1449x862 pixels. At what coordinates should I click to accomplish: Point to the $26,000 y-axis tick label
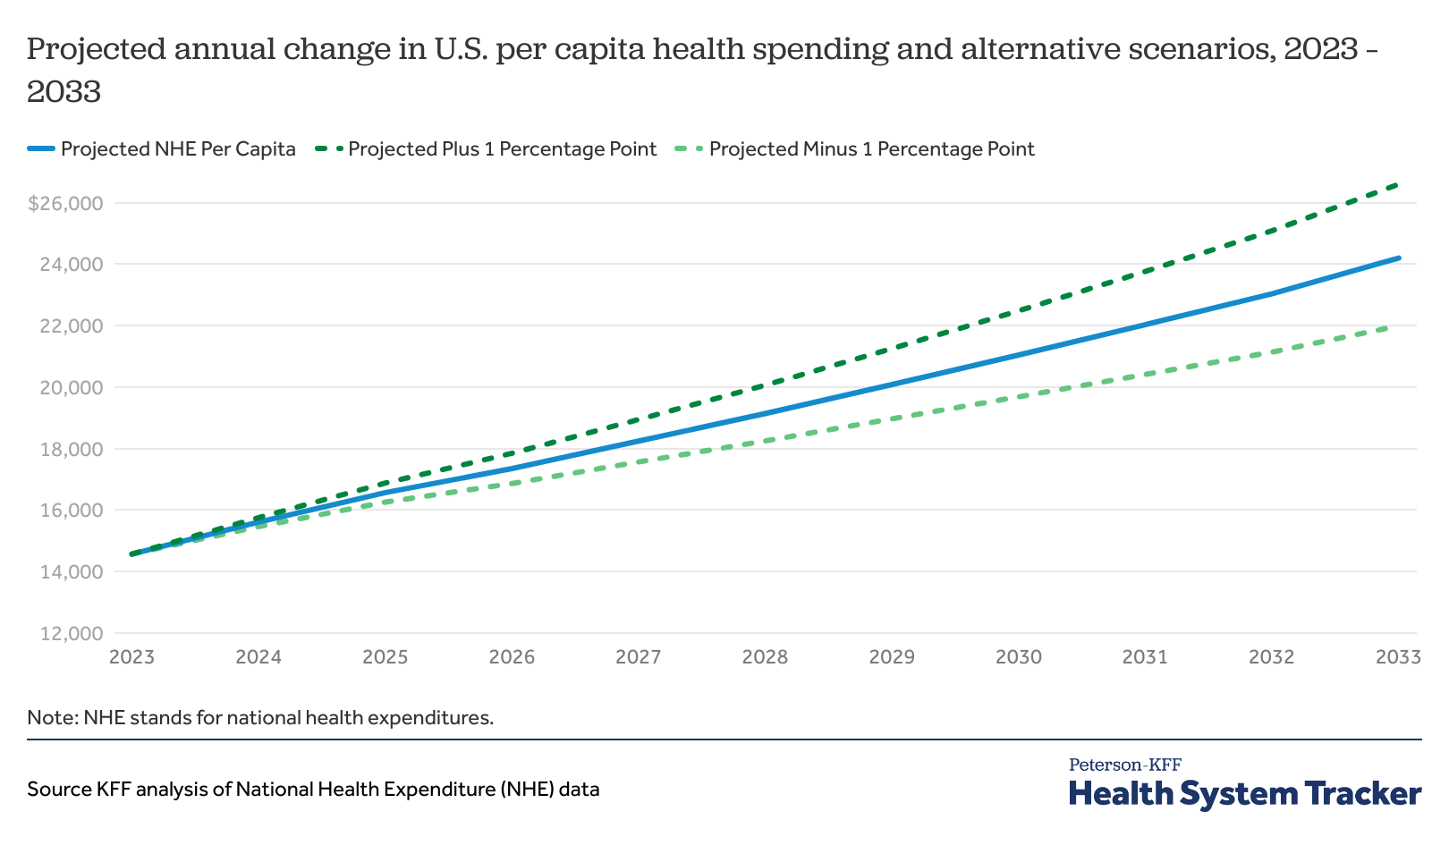click(66, 204)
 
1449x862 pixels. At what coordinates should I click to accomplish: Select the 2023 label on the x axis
click(132, 658)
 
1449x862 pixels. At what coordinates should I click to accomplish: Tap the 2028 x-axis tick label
click(766, 658)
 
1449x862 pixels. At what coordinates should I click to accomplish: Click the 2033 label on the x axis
click(1398, 658)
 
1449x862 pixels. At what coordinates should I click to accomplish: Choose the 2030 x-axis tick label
click(1019, 658)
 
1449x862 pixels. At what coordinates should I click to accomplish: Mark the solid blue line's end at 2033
click(1399, 258)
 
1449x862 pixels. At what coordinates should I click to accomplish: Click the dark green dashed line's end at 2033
click(1397, 184)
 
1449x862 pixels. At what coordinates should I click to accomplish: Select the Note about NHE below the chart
click(260, 717)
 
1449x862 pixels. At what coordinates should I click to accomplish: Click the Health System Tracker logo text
click(1245, 794)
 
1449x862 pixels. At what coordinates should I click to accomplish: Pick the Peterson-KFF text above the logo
click(1125, 765)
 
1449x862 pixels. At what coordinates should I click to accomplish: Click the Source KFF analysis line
click(313, 790)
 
